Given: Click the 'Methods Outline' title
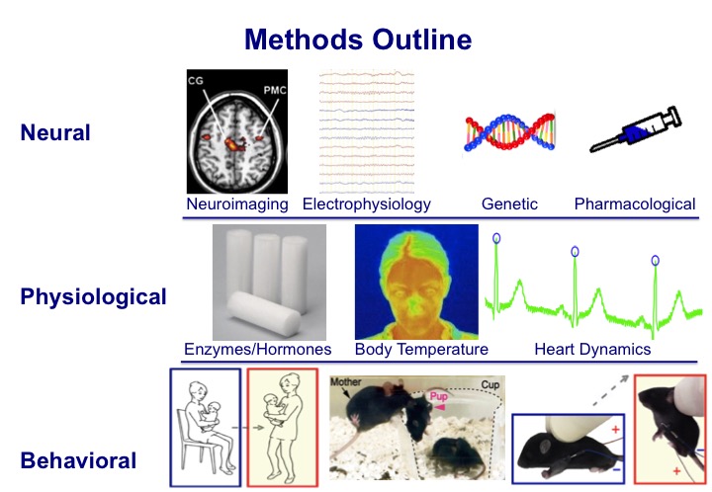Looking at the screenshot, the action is pos(358,39).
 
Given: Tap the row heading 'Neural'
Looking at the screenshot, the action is pos(55,132).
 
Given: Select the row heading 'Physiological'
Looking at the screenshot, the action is pos(94,297).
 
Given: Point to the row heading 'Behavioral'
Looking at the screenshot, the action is pos(78,460).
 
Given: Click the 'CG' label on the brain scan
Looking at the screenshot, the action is pos(195,81).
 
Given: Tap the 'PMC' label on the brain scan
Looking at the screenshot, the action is pos(275,90).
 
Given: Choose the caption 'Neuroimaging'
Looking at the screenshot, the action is pos(237,205).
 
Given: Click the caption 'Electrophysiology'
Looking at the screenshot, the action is pos(367,205).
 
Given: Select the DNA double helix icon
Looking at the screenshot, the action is pos(509,132).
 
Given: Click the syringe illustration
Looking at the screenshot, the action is pos(636,129).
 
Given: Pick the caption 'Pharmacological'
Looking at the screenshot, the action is pos(635,205).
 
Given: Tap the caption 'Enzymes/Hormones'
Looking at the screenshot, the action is pos(257,349).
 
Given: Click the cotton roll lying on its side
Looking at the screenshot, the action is pos(263,314).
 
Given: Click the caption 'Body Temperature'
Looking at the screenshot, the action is pos(421,349).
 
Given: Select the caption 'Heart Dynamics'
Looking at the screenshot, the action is pos(592,349).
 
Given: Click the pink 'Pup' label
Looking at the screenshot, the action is pos(439,396).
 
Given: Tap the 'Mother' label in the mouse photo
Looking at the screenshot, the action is pos(345,381).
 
